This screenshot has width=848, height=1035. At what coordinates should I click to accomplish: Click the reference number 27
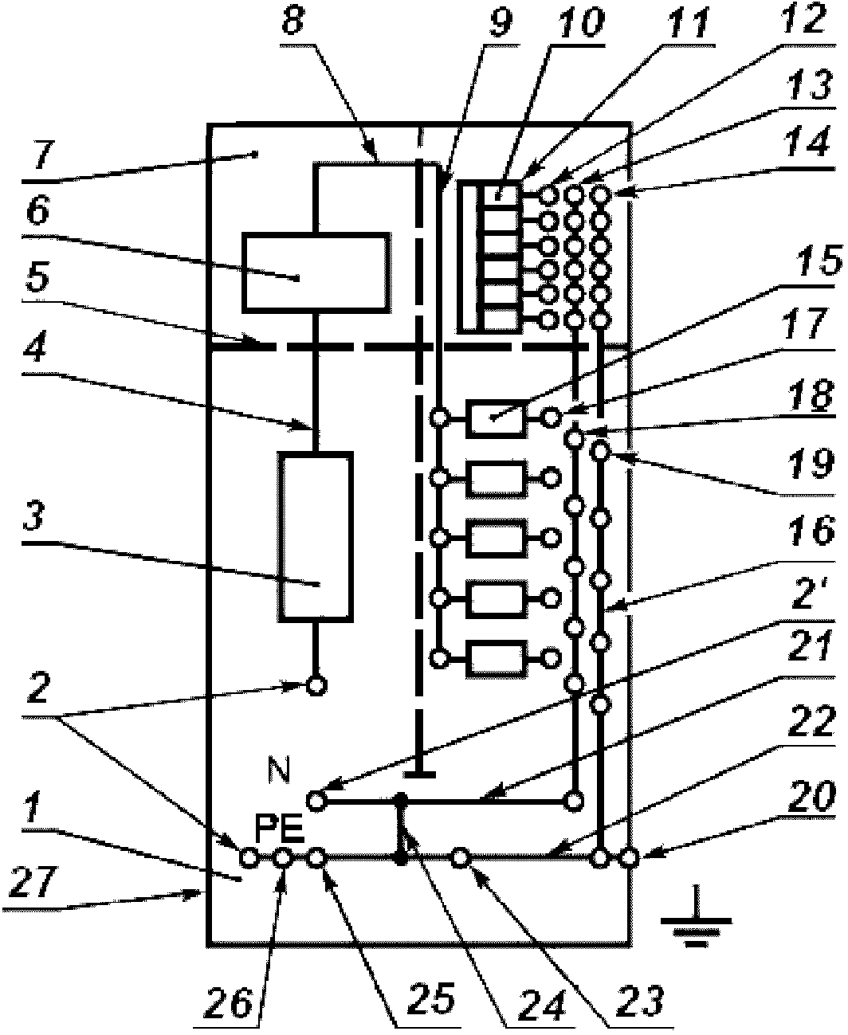click(x=33, y=881)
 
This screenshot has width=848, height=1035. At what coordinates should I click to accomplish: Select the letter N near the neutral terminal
click(x=280, y=770)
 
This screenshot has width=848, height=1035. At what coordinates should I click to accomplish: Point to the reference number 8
click(x=293, y=20)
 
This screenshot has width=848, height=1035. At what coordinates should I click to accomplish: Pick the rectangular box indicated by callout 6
click(x=316, y=272)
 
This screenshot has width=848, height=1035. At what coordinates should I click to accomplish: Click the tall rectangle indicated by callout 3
click(x=316, y=537)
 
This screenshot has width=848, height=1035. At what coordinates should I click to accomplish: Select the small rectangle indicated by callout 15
click(x=496, y=418)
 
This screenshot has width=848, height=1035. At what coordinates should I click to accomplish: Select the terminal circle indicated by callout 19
click(x=600, y=450)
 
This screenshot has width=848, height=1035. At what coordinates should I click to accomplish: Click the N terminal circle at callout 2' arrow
click(x=316, y=801)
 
